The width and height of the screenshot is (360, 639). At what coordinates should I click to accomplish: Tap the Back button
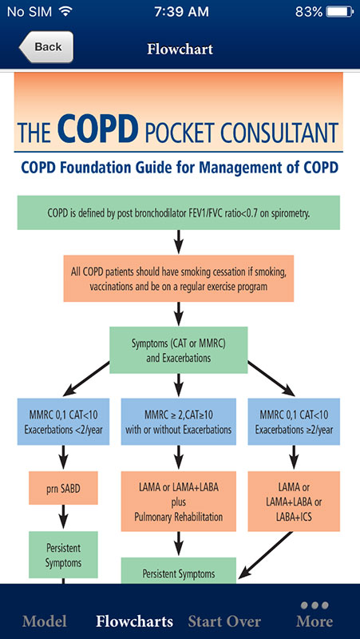pyautogui.click(x=46, y=47)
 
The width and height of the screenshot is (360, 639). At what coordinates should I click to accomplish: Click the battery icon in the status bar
pyautogui.click(x=340, y=12)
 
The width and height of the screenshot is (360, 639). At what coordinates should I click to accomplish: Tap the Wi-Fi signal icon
pyautogui.click(x=65, y=11)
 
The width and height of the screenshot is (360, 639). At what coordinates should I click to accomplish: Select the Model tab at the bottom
pyautogui.click(x=45, y=621)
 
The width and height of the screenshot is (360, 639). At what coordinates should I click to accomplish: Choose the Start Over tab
pyautogui.click(x=224, y=621)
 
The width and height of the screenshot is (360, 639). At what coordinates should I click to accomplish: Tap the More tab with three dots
pyautogui.click(x=315, y=614)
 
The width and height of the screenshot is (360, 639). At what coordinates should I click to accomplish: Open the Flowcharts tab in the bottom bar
pyautogui.click(x=134, y=621)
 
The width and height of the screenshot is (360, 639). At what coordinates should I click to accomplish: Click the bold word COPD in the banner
pyautogui.click(x=95, y=127)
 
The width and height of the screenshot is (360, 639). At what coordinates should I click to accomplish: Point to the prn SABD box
pyautogui.click(x=63, y=488)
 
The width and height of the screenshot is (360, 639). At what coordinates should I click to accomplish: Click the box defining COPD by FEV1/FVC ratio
pyautogui.click(x=178, y=212)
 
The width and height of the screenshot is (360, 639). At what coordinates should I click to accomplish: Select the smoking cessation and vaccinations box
pyautogui.click(x=178, y=278)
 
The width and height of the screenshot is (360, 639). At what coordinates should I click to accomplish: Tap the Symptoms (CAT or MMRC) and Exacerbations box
pyautogui.click(x=178, y=350)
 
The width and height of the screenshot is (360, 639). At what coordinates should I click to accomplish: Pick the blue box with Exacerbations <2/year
pyautogui.click(x=63, y=422)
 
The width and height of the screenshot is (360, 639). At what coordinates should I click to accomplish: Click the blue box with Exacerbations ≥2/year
pyautogui.click(x=294, y=422)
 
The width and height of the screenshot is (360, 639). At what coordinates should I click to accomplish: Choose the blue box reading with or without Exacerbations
pyautogui.click(x=178, y=422)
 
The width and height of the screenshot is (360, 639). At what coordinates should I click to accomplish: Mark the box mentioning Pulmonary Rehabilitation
pyautogui.click(x=178, y=502)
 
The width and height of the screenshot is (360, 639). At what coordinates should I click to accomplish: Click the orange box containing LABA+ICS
pyautogui.click(x=294, y=502)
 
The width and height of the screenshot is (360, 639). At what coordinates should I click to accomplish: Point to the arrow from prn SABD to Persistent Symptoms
pyautogui.click(x=63, y=518)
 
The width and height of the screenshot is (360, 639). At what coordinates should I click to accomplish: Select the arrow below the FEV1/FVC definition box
pyautogui.click(x=178, y=242)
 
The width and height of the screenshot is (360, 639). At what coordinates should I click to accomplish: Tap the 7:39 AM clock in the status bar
pyautogui.click(x=181, y=12)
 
